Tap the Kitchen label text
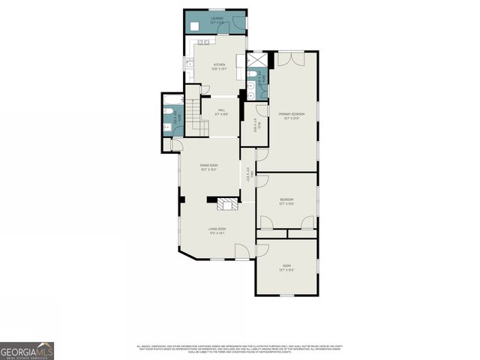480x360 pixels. click(219, 67)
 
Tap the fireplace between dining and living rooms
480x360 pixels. click(226, 204)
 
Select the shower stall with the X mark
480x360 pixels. click(256, 60)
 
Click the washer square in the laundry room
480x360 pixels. click(194, 26)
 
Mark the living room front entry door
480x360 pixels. click(242, 251)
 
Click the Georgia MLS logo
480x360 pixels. click(27, 350)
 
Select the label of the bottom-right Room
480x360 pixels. click(286, 268)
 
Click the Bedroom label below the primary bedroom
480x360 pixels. click(286, 200)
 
